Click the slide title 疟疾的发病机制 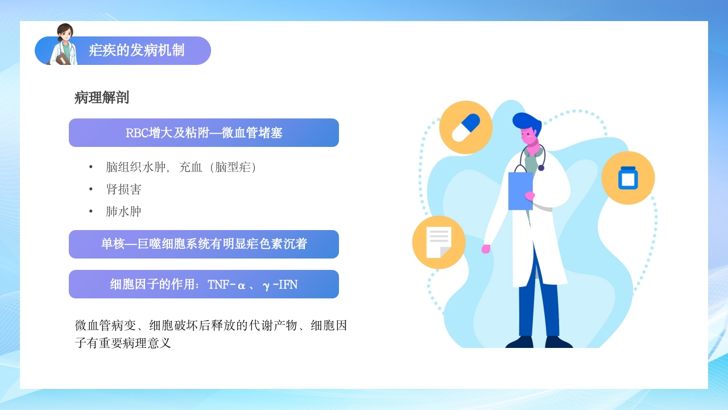tap(136, 50)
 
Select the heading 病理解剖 tap(102, 98)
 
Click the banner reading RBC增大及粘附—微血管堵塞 tap(204, 133)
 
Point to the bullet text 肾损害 tap(123, 189)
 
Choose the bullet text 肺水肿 tap(123, 212)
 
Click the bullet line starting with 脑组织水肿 tap(181, 167)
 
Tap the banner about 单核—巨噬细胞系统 tap(204, 244)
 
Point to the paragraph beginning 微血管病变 tap(211, 334)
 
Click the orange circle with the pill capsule tap(466, 128)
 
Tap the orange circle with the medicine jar tap(628, 178)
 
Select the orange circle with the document tap(439, 243)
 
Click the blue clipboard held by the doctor tap(520, 189)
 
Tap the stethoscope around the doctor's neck tap(539, 157)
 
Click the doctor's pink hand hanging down tap(486, 249)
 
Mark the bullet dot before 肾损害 tap(90, 189)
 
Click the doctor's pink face tap(530, 137)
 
